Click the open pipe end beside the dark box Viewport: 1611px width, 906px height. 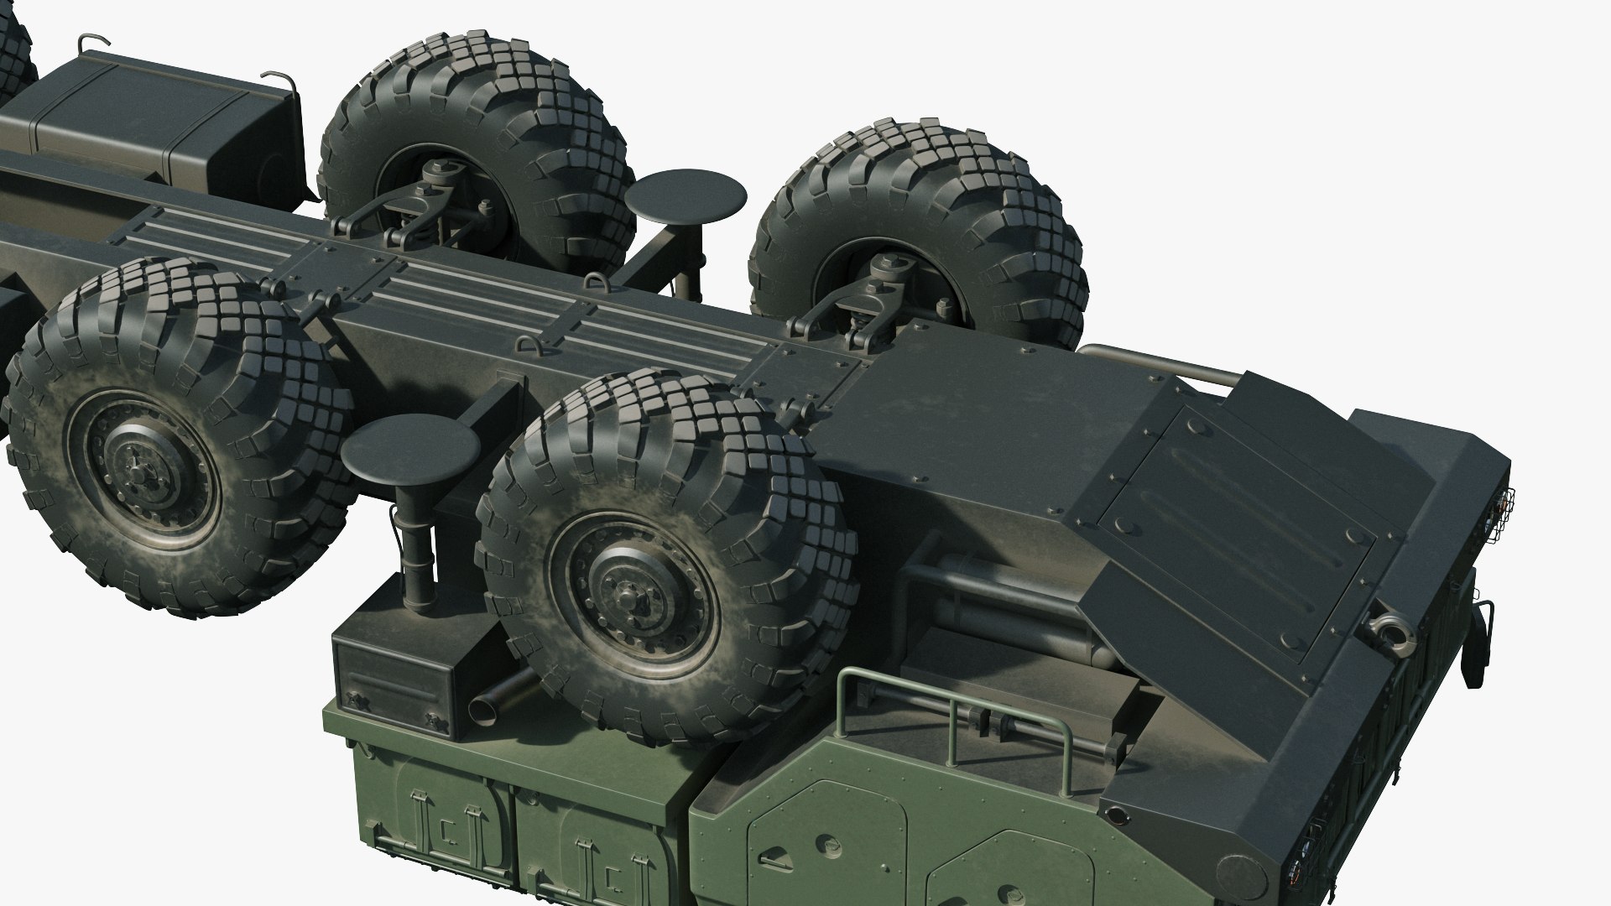coord(483,712)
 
